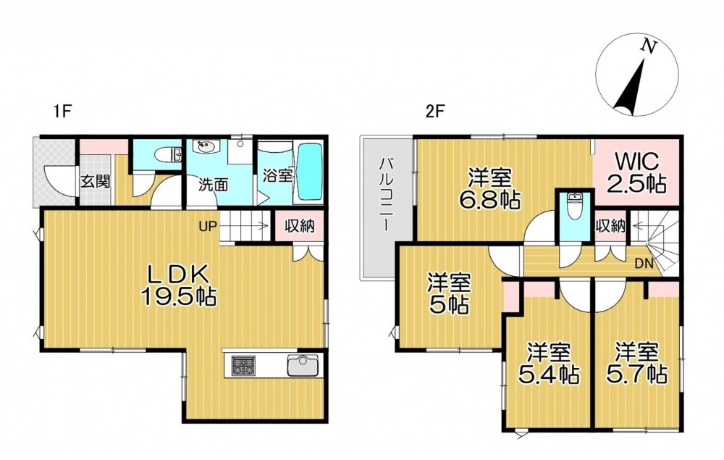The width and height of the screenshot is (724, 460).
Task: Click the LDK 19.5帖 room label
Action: click(x=178, y=286)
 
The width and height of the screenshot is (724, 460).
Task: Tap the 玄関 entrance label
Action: click(x=96, y=182)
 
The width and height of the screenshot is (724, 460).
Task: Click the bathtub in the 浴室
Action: click(x=308, y=172)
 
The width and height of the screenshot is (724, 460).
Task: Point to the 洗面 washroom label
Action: click(x=214, y=185)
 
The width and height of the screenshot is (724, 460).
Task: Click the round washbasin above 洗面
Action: click(x=206, y=147)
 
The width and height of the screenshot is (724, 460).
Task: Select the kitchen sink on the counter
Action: click(x=303, y=365)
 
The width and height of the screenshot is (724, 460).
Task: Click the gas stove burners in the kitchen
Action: click(x=244, y=365)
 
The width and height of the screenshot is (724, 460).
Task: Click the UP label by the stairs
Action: click(x=206, y=226)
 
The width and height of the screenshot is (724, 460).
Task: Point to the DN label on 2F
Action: click(x=644, y=264)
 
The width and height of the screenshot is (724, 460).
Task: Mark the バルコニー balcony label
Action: click(x=387, y=194)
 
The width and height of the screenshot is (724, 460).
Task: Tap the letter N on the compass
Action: click(x=649, y=46)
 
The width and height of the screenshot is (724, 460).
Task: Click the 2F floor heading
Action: click(x=434, y=112)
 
